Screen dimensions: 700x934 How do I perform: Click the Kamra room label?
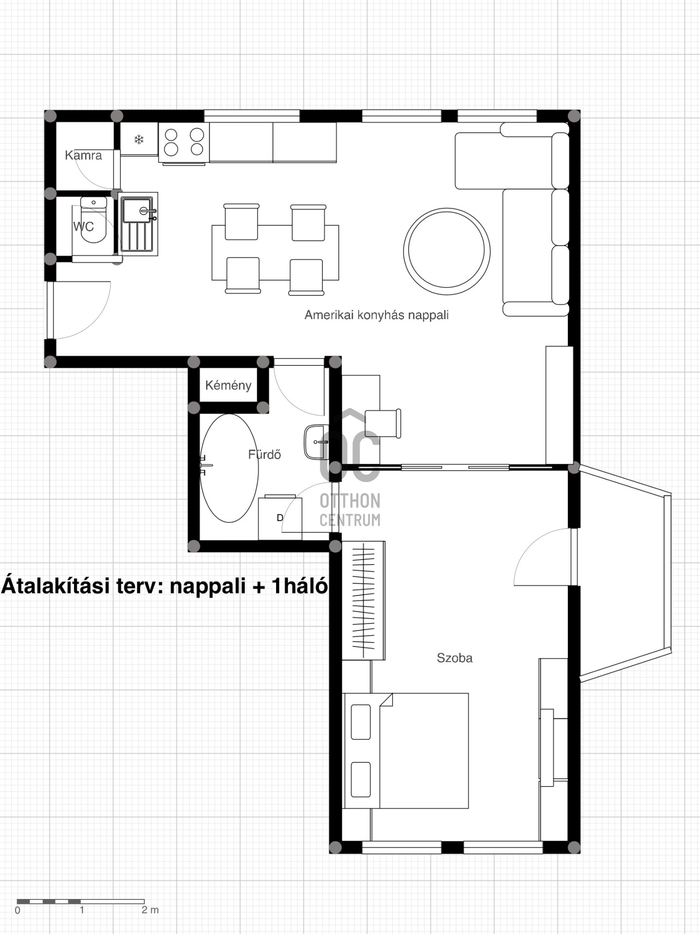[x=83, y=155]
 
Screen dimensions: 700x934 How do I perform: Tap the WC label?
[x=83, y=226]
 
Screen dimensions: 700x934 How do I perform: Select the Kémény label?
[x=228, y=385]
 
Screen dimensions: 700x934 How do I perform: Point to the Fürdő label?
[x=264, y=454]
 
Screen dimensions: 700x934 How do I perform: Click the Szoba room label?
[x=455, y=658]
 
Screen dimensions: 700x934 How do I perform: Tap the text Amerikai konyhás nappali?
[x=376, y=315]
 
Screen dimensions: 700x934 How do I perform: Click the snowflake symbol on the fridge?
[x=139, y=140]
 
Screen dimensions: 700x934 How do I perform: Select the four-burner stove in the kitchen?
[x=184, y=143]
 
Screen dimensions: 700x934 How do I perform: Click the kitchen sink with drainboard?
[x=138, y=224]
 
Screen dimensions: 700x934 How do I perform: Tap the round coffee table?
[x=446, y=251]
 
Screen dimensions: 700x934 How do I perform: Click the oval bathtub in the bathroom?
[x=229, y=468]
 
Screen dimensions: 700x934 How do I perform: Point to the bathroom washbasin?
[x=316, y=442]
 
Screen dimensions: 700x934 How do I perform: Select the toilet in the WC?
[x=93, y=220]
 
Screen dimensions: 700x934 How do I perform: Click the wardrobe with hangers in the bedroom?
[x=364, y=600]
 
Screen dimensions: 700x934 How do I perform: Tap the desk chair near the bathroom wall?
[x=383, y=424]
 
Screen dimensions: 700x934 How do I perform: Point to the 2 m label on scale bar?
[x=150, y=910]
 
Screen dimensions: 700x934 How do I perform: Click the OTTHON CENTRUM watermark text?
[x=350, y=510]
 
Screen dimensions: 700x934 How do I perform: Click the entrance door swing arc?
[x=95, y=321]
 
